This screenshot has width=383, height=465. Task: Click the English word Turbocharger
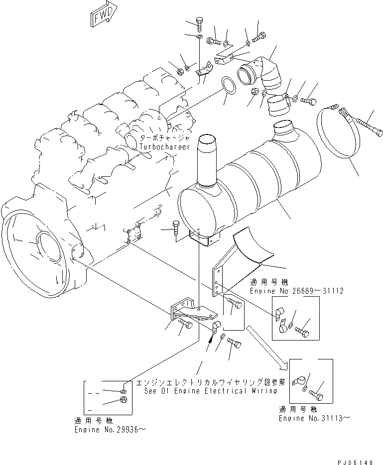coord(165,148)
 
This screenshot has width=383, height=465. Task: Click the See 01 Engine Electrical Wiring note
coord(209,391)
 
